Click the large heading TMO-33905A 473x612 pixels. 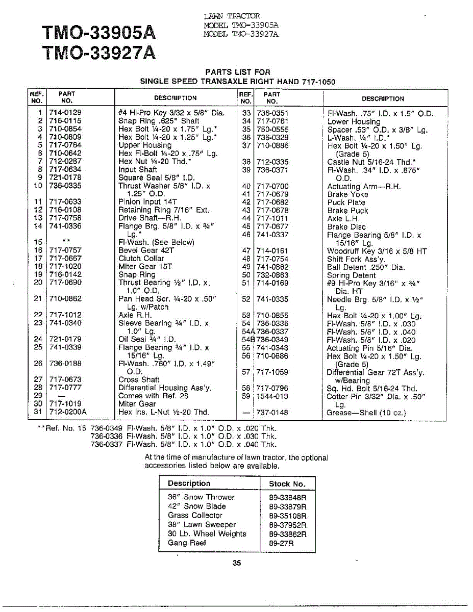point(99,34)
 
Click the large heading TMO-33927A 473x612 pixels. point(99,53)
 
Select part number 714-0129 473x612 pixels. point(65,113)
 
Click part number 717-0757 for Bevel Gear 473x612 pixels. point(65,250)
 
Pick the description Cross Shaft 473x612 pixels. point(139,379)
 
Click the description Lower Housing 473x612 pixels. point(354,121)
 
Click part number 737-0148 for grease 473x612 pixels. point(272,412)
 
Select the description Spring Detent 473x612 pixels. point(352,275)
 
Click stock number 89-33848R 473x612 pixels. point(287,497)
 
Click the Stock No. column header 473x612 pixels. point(287,484)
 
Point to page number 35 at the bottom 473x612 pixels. point(236,563)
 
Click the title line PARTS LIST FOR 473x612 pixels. point(238,72)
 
